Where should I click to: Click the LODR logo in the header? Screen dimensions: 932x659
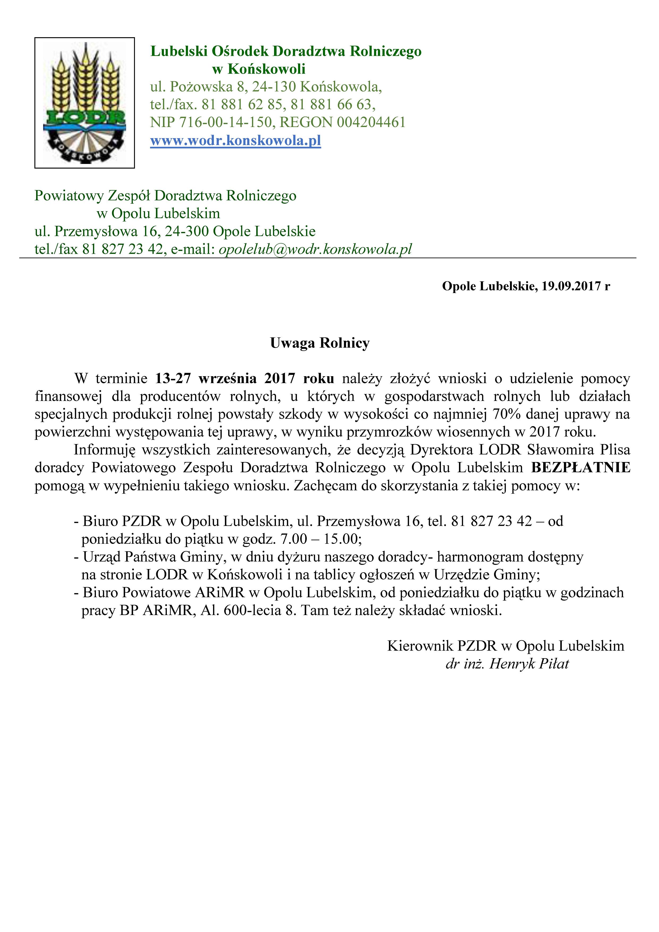[84, 103]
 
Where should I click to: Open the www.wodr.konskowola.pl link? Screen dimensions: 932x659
[235, 141]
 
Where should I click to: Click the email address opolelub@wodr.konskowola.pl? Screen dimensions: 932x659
[315, 249]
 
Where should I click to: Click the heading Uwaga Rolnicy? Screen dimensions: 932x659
[320, 343]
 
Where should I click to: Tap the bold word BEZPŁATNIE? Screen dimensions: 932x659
[581, 468]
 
